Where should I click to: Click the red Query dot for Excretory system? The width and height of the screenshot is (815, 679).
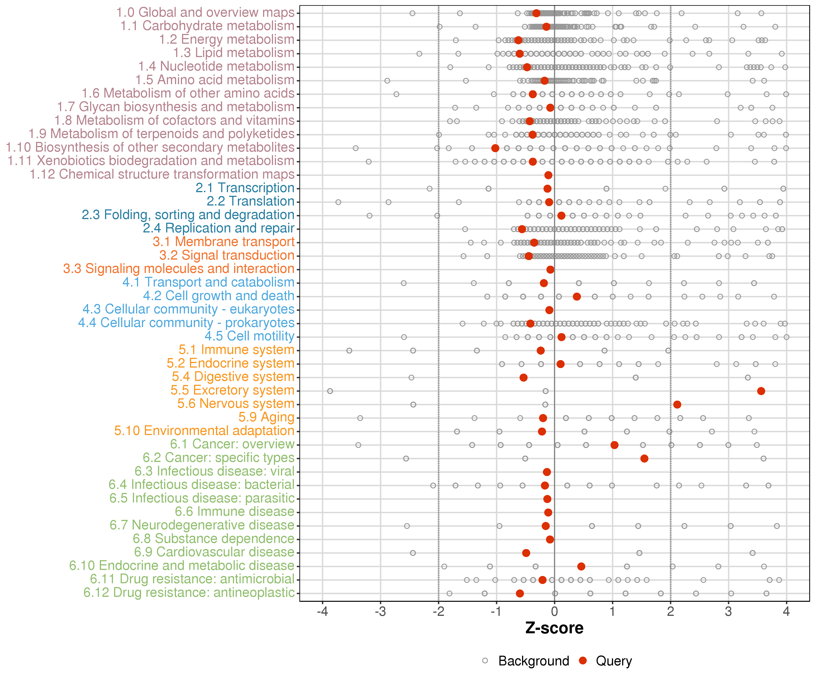coord(761,391)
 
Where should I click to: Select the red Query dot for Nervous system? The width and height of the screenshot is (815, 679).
coord(677,405)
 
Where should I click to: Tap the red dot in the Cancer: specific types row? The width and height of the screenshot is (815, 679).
coord(644,459)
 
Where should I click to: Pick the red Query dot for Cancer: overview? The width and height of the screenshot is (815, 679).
coord(614,445)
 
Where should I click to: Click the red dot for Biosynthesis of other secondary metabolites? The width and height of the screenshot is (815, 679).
coord(495,148)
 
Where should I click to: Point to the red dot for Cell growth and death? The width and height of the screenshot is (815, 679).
coord(577,297)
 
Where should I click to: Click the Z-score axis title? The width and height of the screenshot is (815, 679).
coord(554,628)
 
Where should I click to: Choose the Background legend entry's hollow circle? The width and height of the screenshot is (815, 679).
coord(485,661)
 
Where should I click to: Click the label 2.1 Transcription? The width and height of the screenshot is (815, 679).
coord(245,188)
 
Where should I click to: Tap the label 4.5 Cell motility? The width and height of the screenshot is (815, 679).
coord(249,336)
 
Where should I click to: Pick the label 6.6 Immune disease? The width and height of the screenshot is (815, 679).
coord(234,512)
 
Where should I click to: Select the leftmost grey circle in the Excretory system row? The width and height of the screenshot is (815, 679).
coord(330,391)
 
